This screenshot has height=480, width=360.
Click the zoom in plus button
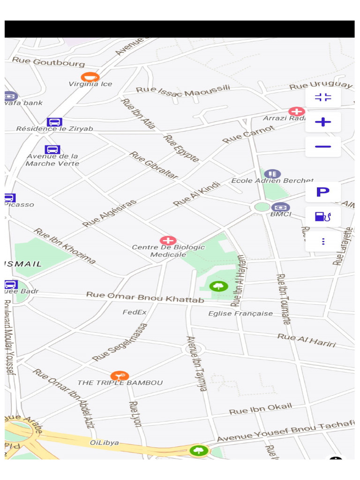pyautogui.click(x=323, y=122)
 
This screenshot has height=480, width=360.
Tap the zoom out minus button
pyautogui.click(x=323, y=147)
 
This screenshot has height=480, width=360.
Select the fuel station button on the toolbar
pyautogui.click(x=323, y=217)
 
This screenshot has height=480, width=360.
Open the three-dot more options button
pyautogui.click(x=323, y=241)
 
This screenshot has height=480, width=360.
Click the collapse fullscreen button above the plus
pyautogui.click(x=323, y=97)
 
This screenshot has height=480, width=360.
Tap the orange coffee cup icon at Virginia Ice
pyautogui.click(x=90, y=77)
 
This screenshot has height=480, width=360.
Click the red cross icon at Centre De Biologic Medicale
pyautogui.click(x=168, y=240)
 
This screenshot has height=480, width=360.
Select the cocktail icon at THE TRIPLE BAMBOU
pyautogui.click(x=120, y=375)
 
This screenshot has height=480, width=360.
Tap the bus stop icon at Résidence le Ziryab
pyautogui.click(x=54, y=122)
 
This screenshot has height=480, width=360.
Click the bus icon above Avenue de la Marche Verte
pyautogui.click(x=52, y=150)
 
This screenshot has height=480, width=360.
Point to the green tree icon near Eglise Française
pyautogui.click(x=219, y=286)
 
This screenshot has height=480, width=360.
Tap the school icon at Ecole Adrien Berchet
pyautogui.click(x=272, y=174)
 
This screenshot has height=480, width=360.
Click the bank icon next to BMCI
pyautogui.click(x=280, y=207)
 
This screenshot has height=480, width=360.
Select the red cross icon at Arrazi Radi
pyautogui.click(x=296, y=112)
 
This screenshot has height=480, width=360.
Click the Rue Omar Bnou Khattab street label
pyautogui.click(x=145, y=297)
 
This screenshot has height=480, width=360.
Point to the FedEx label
pyautogui.click(x=135, y=312)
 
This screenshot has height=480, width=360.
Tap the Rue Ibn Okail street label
pyautogui.click(x=260, y=409)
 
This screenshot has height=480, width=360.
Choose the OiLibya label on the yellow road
pyautogui.click(x=104, y=442)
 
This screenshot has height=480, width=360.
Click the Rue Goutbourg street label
pyautogui.click(x=48, y=62)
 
